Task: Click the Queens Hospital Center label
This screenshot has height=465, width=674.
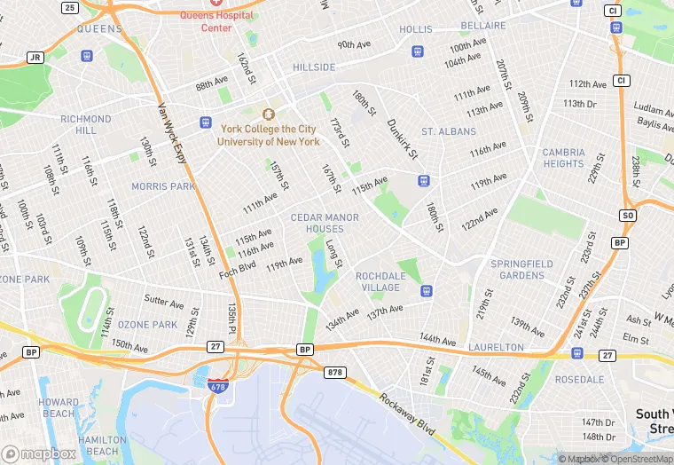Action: [217, 21]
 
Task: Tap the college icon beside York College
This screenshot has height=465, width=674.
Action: [269, 114]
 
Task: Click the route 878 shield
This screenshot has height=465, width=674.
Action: [334, 372]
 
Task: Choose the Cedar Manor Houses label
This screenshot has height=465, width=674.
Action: [325, 223]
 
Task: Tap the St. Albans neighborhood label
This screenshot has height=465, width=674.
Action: [448, 131]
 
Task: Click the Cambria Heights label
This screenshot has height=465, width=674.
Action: [563, 158]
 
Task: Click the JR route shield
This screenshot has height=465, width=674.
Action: [35, 57]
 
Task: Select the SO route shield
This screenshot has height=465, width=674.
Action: [628, 216]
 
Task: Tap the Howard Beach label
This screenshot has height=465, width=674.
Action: [59, 407]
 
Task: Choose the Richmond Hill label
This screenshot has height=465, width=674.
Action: [85, 124]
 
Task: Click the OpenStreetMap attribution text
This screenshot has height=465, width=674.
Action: [636, 459]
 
